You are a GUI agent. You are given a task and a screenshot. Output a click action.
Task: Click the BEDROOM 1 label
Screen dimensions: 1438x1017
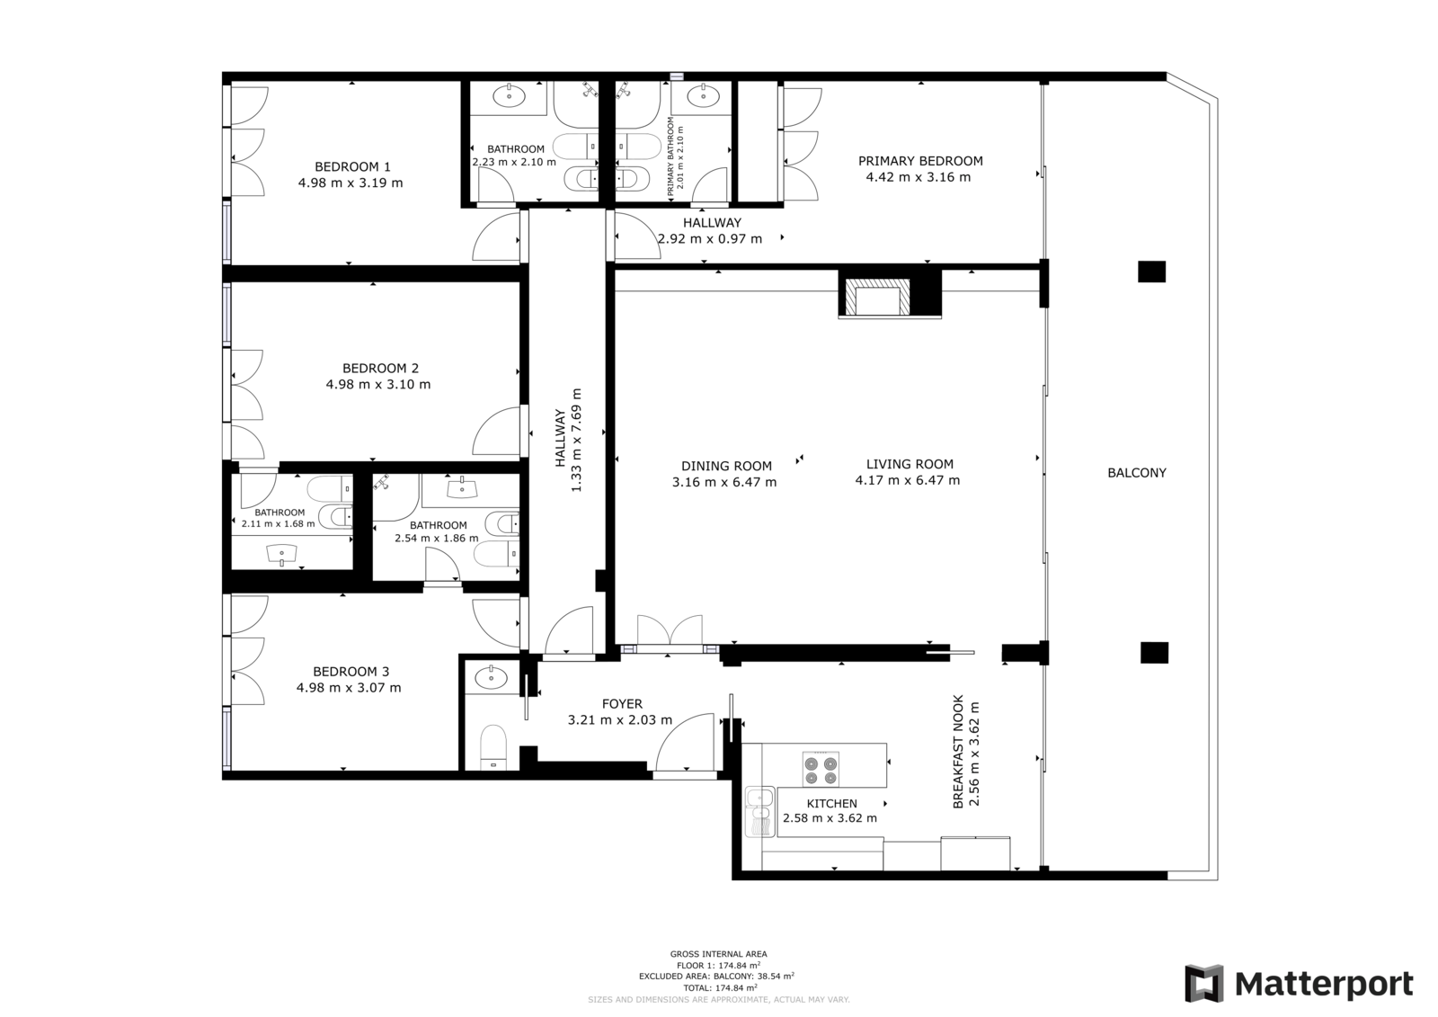(352, 167)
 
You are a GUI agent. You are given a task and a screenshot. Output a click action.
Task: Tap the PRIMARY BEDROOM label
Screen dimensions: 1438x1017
(920, 161)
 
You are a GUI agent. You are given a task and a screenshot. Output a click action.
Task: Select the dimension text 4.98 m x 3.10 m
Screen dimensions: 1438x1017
(378, 384)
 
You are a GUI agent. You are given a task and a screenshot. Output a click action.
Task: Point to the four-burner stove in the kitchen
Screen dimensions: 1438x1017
(821, 769)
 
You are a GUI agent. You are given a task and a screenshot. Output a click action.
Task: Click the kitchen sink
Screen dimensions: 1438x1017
(760, 812)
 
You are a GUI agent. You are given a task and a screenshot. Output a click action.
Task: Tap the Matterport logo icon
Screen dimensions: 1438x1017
(1204, 984)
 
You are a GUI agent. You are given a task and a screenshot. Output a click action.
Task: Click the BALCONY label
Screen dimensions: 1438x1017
(1136, 473)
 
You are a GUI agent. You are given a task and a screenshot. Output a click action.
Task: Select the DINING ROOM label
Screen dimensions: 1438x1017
(727, 466)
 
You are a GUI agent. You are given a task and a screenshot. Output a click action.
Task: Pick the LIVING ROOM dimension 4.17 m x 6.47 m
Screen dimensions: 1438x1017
(907, 480)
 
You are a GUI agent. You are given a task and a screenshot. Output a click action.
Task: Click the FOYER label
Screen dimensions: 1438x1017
(622, 704)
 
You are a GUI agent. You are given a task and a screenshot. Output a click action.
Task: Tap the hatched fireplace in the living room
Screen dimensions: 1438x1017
(877, 298)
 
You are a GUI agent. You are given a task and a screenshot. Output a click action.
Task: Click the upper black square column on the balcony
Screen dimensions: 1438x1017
(1151, 272)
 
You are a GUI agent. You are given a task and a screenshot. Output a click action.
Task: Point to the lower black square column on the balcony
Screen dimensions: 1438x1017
(1154, 653)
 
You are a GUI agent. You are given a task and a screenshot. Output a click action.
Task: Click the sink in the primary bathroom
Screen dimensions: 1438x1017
(703, 97)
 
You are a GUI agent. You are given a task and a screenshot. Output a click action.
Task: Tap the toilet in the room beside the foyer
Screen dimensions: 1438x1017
(493, 747)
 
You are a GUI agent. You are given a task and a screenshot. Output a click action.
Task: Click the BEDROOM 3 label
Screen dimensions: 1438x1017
(351, 672)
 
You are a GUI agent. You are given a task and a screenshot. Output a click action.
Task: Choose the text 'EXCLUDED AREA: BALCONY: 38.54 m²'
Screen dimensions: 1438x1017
(716, 976)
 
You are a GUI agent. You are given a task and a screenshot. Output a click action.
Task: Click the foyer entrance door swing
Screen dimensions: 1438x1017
(685, 742)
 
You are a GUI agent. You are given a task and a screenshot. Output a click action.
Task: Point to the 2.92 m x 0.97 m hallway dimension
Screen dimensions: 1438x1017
(710, 239)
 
